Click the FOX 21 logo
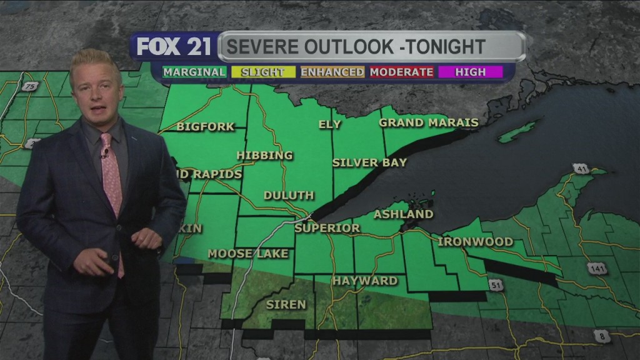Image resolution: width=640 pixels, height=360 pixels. tap(174, 47)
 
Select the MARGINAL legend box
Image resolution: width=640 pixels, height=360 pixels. tap(194, 72)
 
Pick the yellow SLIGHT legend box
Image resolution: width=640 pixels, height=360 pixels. tap(262, 72)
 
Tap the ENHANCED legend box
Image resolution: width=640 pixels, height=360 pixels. tap(332, 72)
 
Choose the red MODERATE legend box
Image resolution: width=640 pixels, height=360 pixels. tap(401, 72)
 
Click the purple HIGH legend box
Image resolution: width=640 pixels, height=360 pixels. tap(471, 72)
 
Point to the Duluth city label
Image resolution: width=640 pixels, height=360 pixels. tap(288, 196)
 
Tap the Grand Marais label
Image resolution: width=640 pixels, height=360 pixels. tap(428, 122)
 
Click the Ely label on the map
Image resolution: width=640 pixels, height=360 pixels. tap(330, 124)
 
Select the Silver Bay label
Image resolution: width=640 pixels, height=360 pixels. tap(369, 162)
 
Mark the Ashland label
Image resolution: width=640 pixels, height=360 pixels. tap(403, 214)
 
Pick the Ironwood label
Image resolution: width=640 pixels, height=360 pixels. tap(475, 241)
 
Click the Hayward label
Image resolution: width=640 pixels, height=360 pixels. tap(364, 281)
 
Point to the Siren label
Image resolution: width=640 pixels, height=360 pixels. tap(286, 304)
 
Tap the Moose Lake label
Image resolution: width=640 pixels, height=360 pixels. tap(248, 253)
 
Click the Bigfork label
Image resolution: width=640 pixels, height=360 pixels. tap(206, 127)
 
